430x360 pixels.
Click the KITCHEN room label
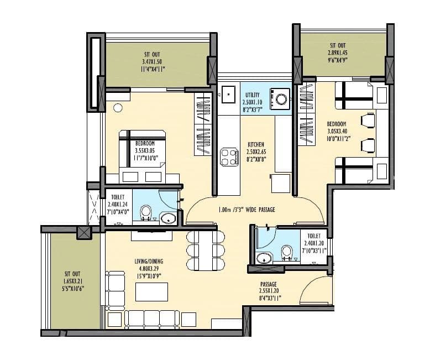click(255, 144)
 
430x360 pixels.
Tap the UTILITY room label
click(252, 95)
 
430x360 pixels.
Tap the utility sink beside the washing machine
click(228, 95)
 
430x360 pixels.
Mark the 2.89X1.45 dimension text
click(338, 53)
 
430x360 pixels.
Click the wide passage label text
click(247, 210)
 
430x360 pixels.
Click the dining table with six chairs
click(206, 250)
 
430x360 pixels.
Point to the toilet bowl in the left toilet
click(146, 211)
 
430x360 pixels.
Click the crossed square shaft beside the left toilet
click(84, 232)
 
